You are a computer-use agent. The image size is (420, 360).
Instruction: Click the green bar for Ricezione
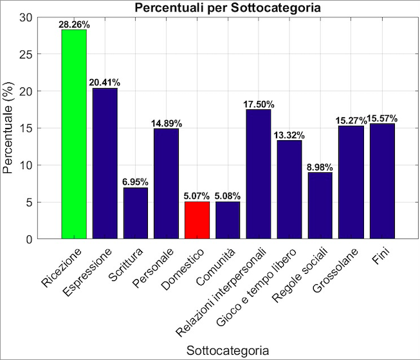(74, 134)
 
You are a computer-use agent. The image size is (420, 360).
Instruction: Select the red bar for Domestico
(197, 220)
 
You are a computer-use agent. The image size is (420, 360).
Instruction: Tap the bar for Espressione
(105, 163)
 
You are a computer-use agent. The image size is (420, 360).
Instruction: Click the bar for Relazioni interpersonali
(259, 174)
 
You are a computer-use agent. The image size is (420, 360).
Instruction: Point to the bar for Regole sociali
(320, 206)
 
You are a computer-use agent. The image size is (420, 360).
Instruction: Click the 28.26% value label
(74, 24)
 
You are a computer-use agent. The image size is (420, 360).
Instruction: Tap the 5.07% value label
(197, 196)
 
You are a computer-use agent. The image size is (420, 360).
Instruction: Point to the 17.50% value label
(259, 104)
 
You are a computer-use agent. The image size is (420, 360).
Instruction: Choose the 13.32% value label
(289, 135)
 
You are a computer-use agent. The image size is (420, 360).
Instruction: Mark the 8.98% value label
(320, 167)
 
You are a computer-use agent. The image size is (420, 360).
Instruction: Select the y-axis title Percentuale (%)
(9, 129)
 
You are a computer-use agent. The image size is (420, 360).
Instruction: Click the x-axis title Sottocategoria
(228, 350)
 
